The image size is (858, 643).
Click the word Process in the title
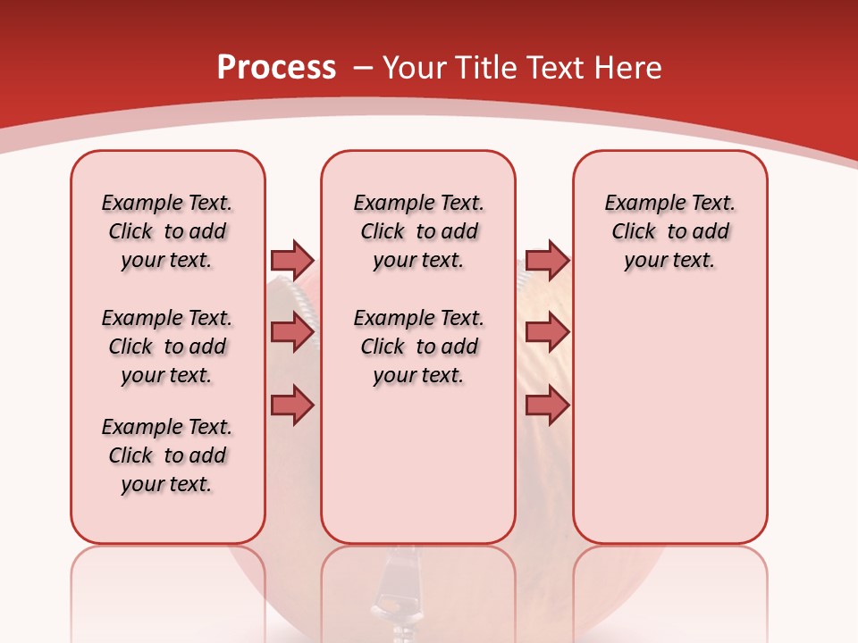pos(276,68)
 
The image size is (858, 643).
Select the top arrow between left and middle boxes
pos(292,260)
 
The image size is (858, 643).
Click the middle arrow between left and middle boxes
pos(292,333)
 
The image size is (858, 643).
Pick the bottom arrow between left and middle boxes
pos(292,405)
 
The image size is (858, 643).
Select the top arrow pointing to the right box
pos(547,260)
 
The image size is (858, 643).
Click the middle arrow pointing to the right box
pos(547,333)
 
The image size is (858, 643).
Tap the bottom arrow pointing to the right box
pos(547,405)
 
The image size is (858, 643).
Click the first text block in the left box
pos(167,231)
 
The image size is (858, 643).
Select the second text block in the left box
pos(167,347)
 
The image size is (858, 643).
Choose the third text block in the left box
pos(167,455)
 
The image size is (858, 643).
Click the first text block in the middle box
pos(418,231)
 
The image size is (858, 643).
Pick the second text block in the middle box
pos(418,347)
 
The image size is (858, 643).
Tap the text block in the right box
pos(669,231)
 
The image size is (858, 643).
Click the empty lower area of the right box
pos(669,429)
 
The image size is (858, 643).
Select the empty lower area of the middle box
pos(418,464)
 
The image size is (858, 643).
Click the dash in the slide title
pos(363,68)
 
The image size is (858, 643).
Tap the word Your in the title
pos(416,68)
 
